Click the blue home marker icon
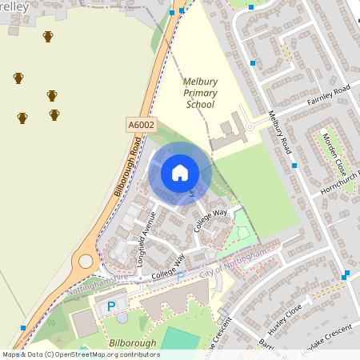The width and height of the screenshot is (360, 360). (180, 173)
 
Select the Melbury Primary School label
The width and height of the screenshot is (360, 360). (200, 93)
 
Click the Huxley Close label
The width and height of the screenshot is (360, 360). (283, 314)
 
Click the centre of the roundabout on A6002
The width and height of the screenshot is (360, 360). (84, 261)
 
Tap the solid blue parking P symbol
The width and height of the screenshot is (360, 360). (111, 306)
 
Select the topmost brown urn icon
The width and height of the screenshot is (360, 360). (48, 37)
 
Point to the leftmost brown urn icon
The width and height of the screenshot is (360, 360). (18, 78)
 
